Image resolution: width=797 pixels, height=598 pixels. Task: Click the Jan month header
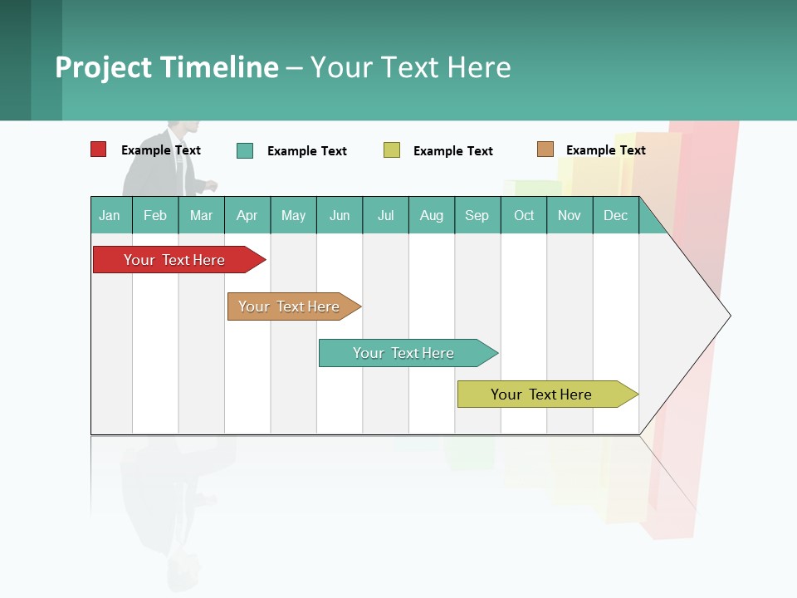coord(110,215)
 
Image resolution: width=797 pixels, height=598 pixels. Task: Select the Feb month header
coord(155,215)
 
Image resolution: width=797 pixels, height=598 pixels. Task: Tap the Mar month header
coord(201,215)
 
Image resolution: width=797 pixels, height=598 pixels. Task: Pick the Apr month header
coord(247,215)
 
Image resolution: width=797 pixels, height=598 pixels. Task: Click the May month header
coord(293,215)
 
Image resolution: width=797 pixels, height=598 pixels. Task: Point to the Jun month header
coord(340,215)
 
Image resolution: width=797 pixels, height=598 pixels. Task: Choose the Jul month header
coord(385,215)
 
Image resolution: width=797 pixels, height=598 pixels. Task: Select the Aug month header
coord(432,215)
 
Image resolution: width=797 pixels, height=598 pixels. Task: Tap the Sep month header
coord(477,215)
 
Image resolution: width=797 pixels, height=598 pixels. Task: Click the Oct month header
coord(524,215)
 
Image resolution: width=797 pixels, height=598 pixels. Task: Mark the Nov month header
coord(570,215)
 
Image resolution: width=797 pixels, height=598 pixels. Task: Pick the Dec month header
coord(616,215)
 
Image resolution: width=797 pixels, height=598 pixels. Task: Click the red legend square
coord(99,149)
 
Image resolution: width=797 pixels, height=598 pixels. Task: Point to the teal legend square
coord(245,150)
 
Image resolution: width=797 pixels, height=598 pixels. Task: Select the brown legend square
coord(545,149)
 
